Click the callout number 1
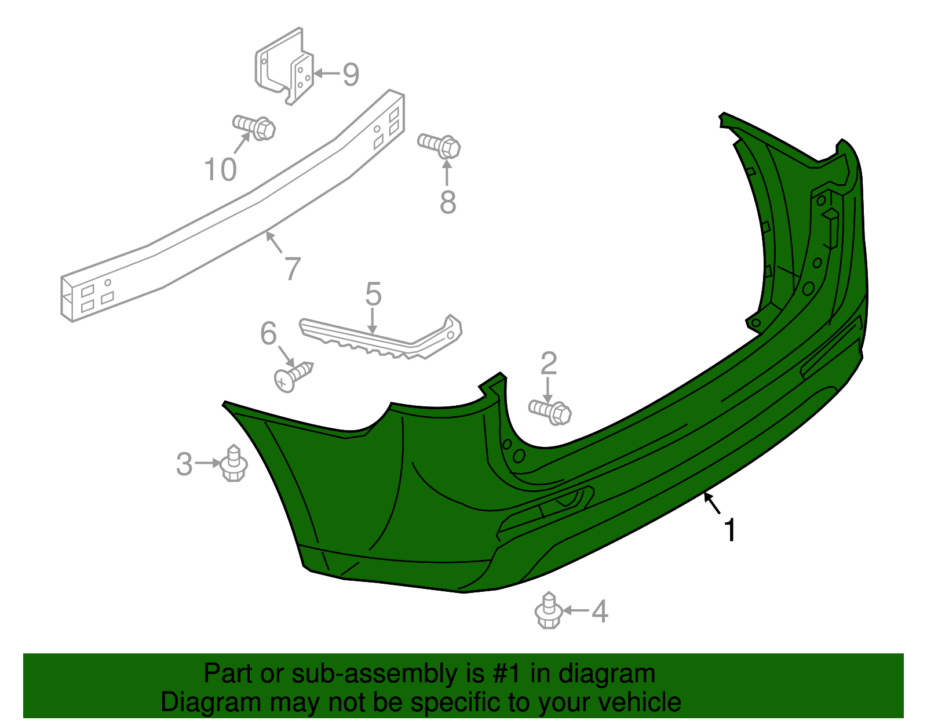(x=731, y=530)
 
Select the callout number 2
(x=548, y=363)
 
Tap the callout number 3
(x=184, y=464)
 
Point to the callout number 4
(x=600, y=612)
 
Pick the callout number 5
(x=373, y=294)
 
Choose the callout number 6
(x=268, y=333)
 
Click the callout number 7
(x=293, y=268)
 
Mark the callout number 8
(x=448, y=202)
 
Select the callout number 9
(x=351, y=74)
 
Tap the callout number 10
(x=220, y=170)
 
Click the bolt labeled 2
(x=550, y=410)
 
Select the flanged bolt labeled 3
(x=233, y=463)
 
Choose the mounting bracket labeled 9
(x=285, y=67)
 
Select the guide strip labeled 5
(x=382, y=339)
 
